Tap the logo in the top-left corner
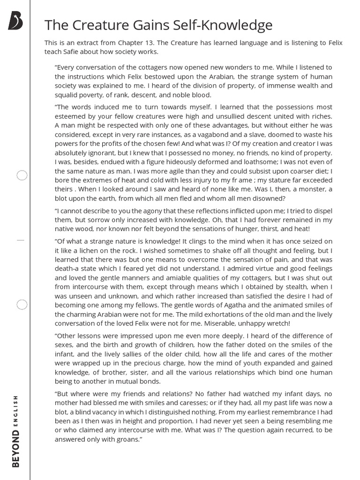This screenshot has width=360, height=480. coord(15,21)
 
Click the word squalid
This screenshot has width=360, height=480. coord(68,94)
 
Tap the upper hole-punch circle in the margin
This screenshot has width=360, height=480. coord(22,176)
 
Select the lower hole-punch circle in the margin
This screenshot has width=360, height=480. coord(22,305)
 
